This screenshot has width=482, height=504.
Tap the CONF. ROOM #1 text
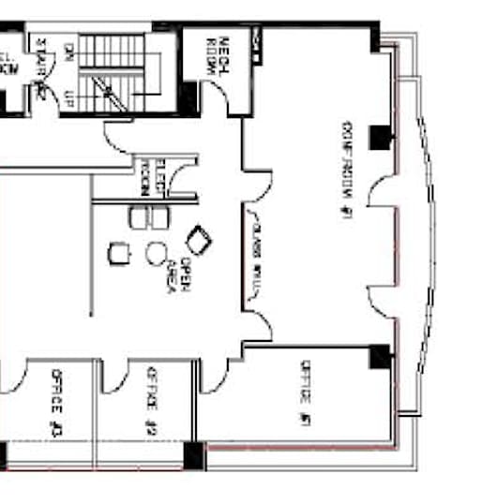click(347, 169)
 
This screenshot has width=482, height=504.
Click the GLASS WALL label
click(254, 256)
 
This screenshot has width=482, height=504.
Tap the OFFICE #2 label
click(150, 404)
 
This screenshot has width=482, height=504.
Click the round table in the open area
click(157, 253)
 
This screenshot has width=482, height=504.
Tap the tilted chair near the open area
click(200, 239)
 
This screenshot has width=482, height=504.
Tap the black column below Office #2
click(193, 454)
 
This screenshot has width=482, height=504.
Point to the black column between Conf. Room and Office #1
click(379, 354)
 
